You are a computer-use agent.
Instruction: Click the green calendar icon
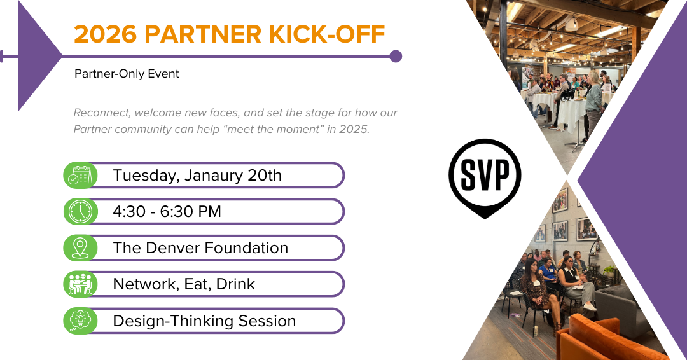(x=80, y=175)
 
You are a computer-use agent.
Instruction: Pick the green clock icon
(x=80, y=212)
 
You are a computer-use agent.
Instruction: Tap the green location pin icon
(x=80, y=248)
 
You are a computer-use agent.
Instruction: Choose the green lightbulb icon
(x=80, y=321)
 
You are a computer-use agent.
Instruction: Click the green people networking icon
(x=80, y=284)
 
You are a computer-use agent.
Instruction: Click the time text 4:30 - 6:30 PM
(x=167, y=212)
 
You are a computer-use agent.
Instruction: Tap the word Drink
(x=236, y=284)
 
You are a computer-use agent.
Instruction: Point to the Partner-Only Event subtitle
(x=127, y=74)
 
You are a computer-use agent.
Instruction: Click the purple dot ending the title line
(x=396, y=57)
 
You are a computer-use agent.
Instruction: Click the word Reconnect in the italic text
(x=102, y=113)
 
